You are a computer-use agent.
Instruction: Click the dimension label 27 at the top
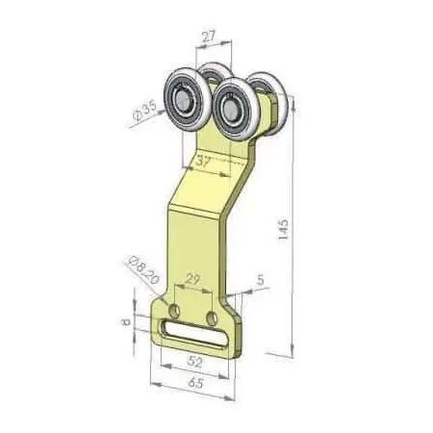click(209, 37)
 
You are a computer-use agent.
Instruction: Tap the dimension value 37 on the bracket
click(203, 162)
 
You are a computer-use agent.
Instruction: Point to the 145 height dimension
click(283, 229)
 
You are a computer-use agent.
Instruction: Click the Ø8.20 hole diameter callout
click(143, 269)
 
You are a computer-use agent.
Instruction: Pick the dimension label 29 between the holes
click(192, 279)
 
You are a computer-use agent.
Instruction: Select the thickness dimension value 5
click(261, 280)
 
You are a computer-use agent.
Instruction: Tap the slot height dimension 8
click(126, 321)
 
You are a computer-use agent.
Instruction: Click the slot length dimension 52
click(194, 362)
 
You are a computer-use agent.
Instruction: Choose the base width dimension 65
click(196, 382)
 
